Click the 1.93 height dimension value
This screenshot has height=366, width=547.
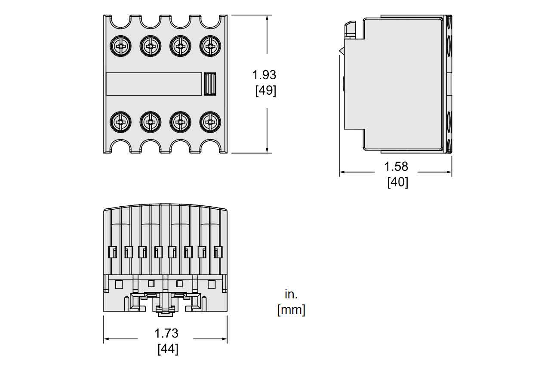point(264,75)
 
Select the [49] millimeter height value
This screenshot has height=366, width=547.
point(265,91)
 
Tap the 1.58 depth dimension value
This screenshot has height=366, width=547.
point(396,166)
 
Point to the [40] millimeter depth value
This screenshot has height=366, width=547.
point(397,182)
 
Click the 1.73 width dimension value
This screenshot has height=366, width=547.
point(166,333)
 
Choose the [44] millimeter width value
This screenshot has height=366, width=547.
point(168,349)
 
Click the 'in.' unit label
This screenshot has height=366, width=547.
point(291,294)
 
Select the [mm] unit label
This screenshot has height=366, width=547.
point(291,310)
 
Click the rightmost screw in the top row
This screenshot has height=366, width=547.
point(210,45)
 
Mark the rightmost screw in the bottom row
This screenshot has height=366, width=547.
point(210,122)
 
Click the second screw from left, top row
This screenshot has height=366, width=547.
point(150,45)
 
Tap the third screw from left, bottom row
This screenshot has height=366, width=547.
point(180,122)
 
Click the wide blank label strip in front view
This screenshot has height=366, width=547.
point(154,84)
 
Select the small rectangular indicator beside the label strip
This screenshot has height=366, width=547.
point(209,84)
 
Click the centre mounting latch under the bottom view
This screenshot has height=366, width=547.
point(165,304)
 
